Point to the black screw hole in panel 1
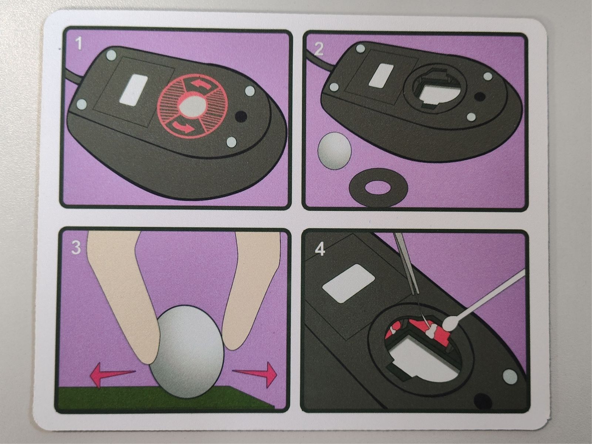241,117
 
